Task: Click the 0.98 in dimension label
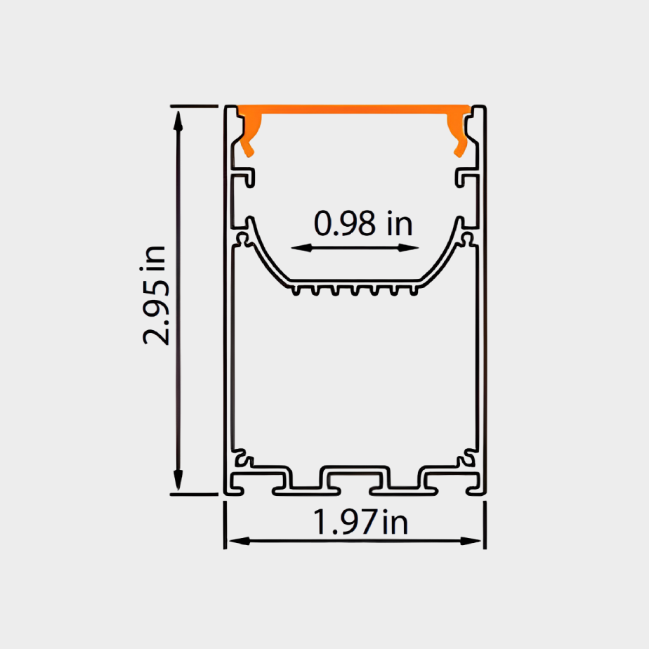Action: tap(362, 224)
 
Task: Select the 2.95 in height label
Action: tap(155, 295)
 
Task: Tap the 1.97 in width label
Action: tap(360, 523)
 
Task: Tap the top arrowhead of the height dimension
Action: tap(178, 117)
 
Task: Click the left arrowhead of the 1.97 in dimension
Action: tap(235, 541)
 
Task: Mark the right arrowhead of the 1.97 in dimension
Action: tap(476, 541)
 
